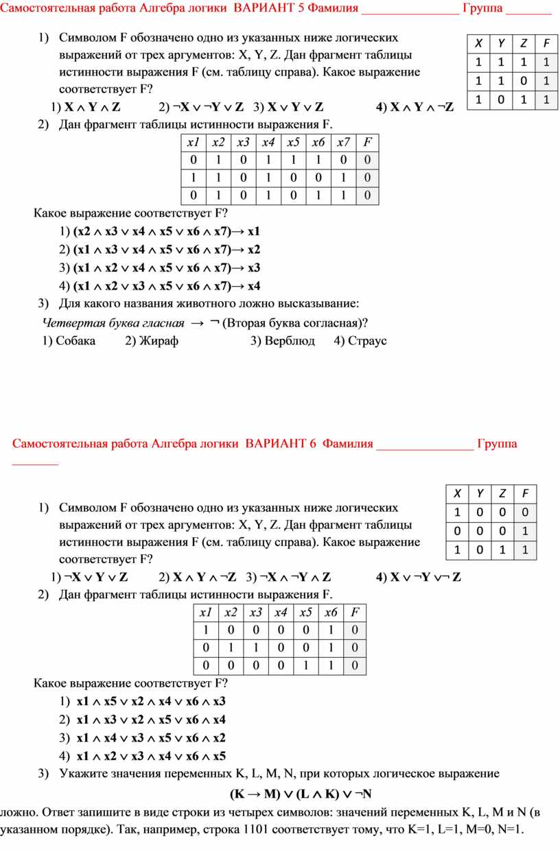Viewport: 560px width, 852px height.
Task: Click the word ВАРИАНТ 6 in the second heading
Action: pyautogui.click(x=281, y=443)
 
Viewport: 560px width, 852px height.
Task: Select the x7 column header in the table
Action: pyautogui.click(x=342, y=143)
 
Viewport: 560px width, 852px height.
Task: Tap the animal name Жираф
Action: pyautogui.click(x=159, y=340)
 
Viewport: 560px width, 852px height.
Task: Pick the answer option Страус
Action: pyautogui.click(x=367, y=340)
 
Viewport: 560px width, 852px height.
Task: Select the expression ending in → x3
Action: pyautogui.click(x=167, y=268)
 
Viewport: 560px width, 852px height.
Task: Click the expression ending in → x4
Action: pyautogui.click(x=167, y=286)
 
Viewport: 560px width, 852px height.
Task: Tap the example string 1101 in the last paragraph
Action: pyautogui.click(x=257, y=830)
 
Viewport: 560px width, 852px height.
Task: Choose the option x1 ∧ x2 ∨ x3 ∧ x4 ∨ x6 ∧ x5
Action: pyautogui.click(x=151, y=757)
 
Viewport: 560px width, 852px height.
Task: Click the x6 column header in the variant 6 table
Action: pyautogui.click(x=331, y=613)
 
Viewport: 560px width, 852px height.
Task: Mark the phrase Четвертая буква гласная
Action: pyautogui.click(x=113, y=322)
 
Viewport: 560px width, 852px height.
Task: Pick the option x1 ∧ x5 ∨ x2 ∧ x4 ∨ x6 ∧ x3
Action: pyautogui.click(x=151, y=701)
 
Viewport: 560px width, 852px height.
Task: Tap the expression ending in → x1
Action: pyautogui.click(x=167, y=230)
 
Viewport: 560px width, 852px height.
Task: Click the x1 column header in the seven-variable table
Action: pyautogui.click(x=193, y=143)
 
